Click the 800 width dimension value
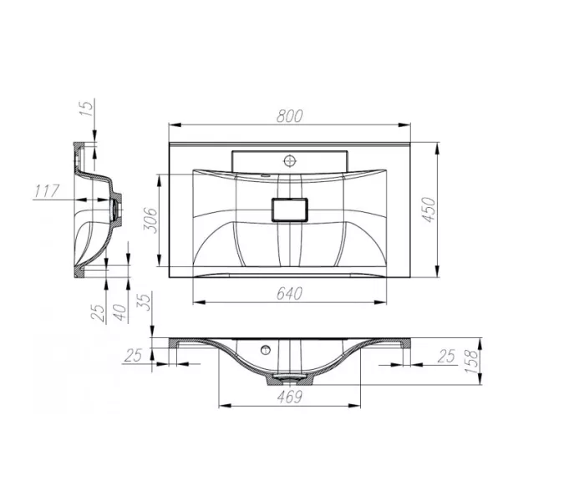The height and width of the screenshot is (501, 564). click(x=289, y=117)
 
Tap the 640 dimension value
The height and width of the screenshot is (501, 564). click(x=289, y=293)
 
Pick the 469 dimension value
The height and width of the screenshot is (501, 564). click(x=289, y=398)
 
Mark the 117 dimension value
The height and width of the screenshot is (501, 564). click(x=47, y=192)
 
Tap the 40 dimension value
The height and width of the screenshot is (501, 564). click(x=119, y=311)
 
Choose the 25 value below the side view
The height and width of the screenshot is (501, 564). click(x=98, y=311)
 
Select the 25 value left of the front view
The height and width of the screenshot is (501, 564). click(x=132, y=356)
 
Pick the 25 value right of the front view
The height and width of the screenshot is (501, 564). click(x=446, y=356)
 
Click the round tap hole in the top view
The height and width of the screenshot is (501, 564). click(x=290, y=159)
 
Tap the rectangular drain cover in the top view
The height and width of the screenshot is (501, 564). click(x=290, y=209)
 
